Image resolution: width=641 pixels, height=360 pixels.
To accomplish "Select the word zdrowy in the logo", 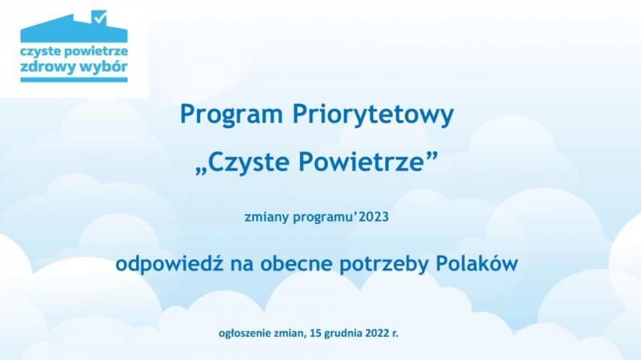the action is coord(44,67).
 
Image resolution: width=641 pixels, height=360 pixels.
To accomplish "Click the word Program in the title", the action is coord(232,115).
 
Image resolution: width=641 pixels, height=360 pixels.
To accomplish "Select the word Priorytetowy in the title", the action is coord(373,115).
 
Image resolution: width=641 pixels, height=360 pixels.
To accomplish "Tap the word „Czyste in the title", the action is coord(243,162).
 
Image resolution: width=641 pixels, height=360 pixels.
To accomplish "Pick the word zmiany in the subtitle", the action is coord(267,217).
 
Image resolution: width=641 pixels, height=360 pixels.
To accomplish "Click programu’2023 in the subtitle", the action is coord(341,217).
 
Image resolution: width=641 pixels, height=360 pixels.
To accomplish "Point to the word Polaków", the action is coord(477,263).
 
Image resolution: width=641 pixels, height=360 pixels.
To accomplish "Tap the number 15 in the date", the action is coord(316,333).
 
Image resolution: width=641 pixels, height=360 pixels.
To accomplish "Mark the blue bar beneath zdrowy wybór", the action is coord(74,79).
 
